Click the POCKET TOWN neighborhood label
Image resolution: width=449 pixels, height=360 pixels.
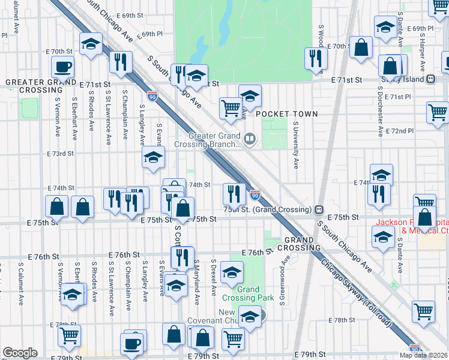tap(287, 114)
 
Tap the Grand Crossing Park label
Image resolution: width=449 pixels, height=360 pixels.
tap(255, 293)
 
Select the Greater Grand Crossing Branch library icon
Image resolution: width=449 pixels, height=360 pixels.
tap(250, 140)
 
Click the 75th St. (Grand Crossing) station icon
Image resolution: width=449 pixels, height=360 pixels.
tap(319, 209)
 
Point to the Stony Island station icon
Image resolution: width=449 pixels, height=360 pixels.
tap(430, 79)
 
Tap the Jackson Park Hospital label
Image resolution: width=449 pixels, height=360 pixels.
tap(412, 226)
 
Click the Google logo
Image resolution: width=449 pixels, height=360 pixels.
tap(20, 353)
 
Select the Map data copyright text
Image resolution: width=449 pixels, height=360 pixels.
tap(424, 355)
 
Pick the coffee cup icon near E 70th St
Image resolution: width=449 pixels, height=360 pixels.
tap(62, 67)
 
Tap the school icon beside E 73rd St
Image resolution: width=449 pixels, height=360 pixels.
tap(154, 158)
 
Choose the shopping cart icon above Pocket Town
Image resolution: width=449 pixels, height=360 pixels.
tap(231, 108)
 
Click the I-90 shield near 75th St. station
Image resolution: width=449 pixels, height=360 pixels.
tap(255, 196)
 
